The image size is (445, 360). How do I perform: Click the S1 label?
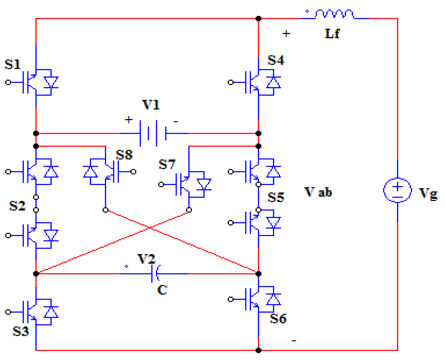[x=12, y=65]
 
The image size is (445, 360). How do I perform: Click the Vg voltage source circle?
[x=397, y=190]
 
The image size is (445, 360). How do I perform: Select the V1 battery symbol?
[x=153, y=133]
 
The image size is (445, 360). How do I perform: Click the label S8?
[x=124, y=155]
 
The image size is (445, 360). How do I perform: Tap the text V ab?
[x=318, y=192]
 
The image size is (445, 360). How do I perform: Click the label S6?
[x=278, y=318]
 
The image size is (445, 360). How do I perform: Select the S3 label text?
[x=20, y=331]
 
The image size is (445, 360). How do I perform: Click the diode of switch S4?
[x=273, y=82]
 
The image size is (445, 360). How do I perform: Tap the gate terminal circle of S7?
[x=161, y=184]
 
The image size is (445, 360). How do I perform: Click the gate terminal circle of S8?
[x=133, y=172]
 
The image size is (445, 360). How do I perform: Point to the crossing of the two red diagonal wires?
[x=150, y=228]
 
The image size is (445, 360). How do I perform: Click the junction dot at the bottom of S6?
[x=259, y=350]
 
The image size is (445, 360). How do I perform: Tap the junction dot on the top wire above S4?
[x=259, y=19]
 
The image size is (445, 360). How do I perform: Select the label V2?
[x=146, y=259]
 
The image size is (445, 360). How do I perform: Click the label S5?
[x=276, y=197]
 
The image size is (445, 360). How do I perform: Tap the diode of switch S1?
[x=51, y=82]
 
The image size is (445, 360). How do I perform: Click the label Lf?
[x=332, y=34]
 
